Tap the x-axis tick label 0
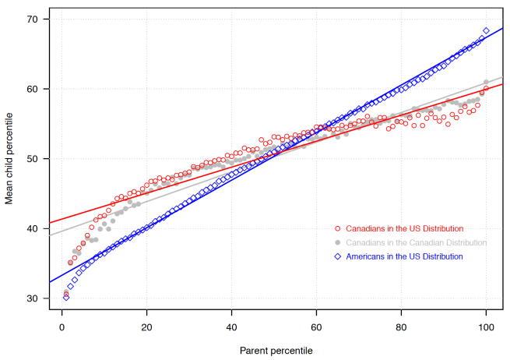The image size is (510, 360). tap(62, 327)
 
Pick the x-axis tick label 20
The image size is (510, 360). tap(146, 327)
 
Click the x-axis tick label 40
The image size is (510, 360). tap(231, 327)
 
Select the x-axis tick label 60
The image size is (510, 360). tap(316, 327)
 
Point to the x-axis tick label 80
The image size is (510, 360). tap(401, 327)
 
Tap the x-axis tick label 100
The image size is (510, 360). tap(486, 327)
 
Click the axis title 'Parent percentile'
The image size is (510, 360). tap(274, 351)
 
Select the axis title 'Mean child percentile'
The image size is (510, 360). tap(9, 159)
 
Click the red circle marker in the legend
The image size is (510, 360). tap(337, 229)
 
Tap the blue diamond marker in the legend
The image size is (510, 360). tap(337, 256)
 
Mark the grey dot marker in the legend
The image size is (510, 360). tap(337, 242)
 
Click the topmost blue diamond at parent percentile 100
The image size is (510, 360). tap(486, 31)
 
